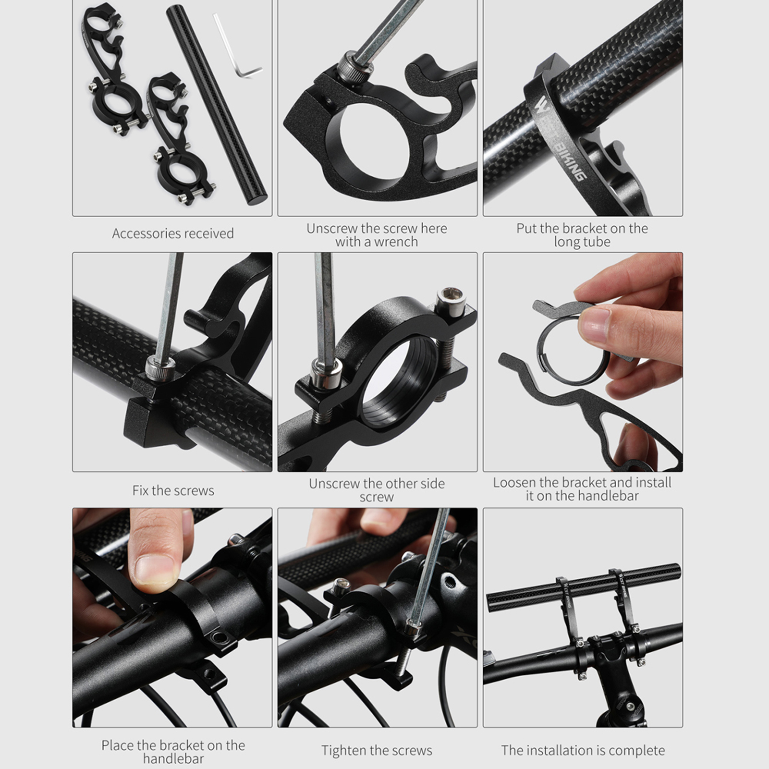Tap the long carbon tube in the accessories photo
(216, 105)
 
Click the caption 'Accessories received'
(173, 233)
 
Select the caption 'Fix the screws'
(173, 490)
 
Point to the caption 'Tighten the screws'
(377, 750)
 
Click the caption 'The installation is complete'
(583, 750)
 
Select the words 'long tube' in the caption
(582, 242)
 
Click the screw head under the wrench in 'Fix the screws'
(159, 369)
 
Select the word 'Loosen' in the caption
(514, 483)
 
